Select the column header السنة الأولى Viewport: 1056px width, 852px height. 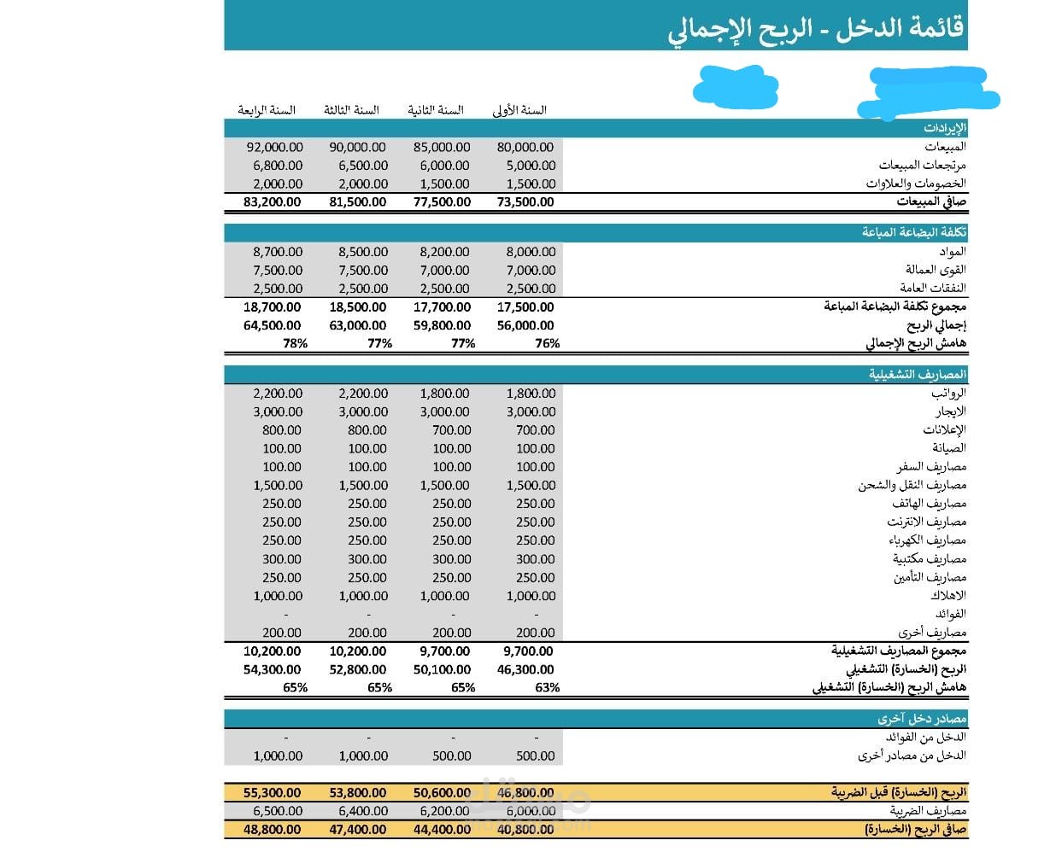tap(519, 110)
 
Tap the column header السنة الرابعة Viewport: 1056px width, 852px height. tap(267, 110)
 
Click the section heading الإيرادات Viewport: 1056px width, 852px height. tap(944, 128)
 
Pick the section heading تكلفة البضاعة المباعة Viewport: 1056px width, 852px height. tap(914, 232)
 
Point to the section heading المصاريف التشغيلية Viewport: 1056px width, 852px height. tap(918, 375)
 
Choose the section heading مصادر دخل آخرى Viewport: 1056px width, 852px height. tap(921, 719)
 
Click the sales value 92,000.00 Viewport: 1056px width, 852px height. tap(274, 147)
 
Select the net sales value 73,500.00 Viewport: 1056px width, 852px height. tap(525, 202)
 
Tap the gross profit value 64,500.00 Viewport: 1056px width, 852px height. tap(272, 325)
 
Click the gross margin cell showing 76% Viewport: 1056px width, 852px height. tap(547, 343)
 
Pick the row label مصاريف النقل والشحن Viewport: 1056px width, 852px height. tap(912, 485)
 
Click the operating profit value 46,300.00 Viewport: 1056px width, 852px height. tap(525, 670)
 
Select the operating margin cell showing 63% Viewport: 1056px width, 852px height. tap(547, 687)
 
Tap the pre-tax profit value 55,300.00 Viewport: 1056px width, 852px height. tap(272, 793)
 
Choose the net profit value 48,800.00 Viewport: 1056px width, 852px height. tap(272, 829)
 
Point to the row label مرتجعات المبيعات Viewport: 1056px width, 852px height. tap(922, 165)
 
